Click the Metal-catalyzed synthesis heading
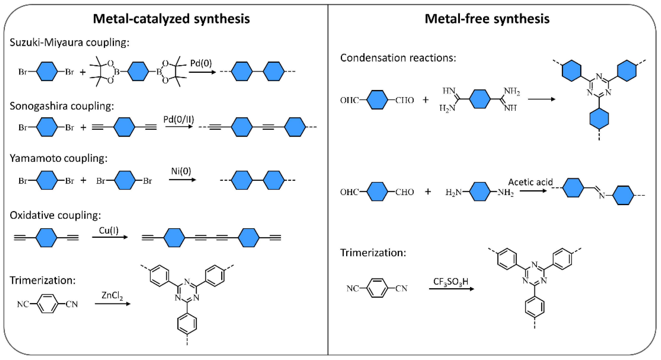(x=171, y=19)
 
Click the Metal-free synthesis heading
(x=487, y=19)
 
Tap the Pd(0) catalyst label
(x=201, y=63)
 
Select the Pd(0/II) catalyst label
(x=179, y=119)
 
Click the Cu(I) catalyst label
(x=109, y=230)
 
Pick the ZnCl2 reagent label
(x=112, y=296)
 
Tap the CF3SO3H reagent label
(x=451, y=282)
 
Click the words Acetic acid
(x=530, y=182)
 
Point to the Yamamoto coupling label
(x=58, y=158)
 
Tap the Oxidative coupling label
(x=55, y=215)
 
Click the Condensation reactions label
(x=398, y=58)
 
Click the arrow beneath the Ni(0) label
(x=182, y=180)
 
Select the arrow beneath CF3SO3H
(x=451, y=289)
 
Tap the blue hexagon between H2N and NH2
(x=480, y=192)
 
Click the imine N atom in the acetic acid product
(x=602, y=196)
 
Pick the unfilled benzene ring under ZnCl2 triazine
(x=187, y=323)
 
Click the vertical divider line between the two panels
(x=328, y=180)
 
